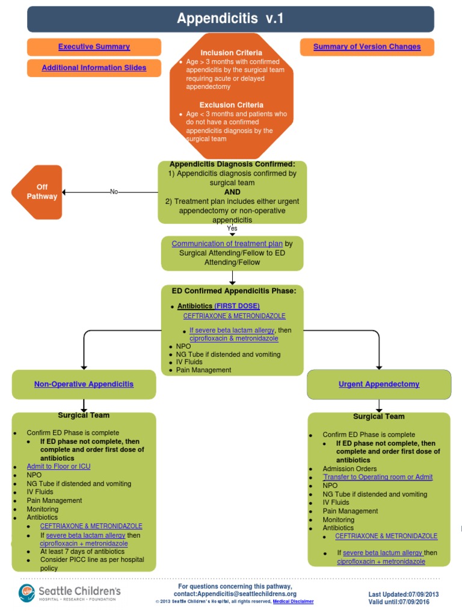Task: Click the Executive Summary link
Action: pyautogui.click(x=94, y=47)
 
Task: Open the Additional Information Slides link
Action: pyautogui.click(x=94, y=68)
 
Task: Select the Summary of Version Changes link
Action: pyautogui.click(x=367, y=47)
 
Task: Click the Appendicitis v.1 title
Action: pyautogui.click(x=230, y=19)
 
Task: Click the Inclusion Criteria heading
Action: pyautogui.click(x=231, y=53)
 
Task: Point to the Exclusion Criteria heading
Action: pyautogui.click(x=231, y=105)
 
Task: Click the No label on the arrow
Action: pyautogui.click(x=114, y=192)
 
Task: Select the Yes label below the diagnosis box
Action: pyautogui.click(x=232, y=229)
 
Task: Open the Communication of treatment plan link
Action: pyautogui.click(x=227, y=244)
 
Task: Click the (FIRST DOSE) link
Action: pyautogui.click(x=237, y=306)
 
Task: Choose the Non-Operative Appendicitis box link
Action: pyautogui.click(x=84, y=384)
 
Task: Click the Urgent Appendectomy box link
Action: pyautogui.click(x=379, y=384)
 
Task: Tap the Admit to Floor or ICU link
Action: pyautogui.click(x=58, y=466)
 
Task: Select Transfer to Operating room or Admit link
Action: pyautogui.click(x=378, y=477)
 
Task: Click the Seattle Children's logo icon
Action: pyautogui.click(x=28, y=593)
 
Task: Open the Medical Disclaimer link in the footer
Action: pyautogui.click(x=293, y=602)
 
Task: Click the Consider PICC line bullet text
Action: pyautogui.click(x=92, y=564)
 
